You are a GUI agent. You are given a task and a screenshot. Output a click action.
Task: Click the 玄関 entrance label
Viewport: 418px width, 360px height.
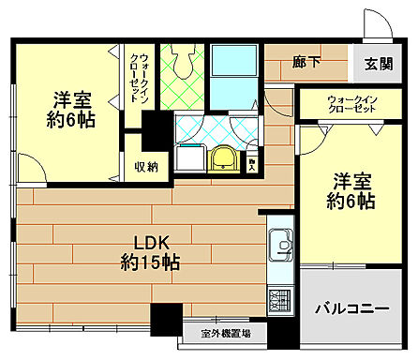379,64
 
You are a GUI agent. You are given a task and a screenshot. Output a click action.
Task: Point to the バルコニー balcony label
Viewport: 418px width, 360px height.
351,307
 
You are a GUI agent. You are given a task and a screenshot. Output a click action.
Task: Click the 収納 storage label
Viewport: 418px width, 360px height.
146,167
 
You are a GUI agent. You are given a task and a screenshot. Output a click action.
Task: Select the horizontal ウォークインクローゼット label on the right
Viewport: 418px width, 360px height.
339,103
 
